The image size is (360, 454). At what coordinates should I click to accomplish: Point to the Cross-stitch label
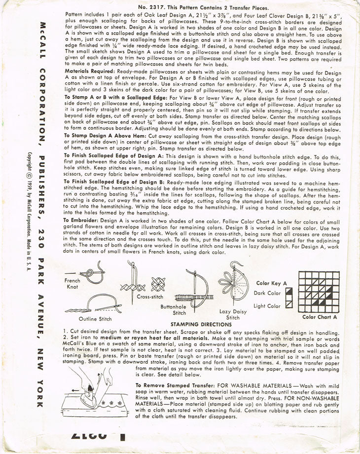click(x=137, y=297)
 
